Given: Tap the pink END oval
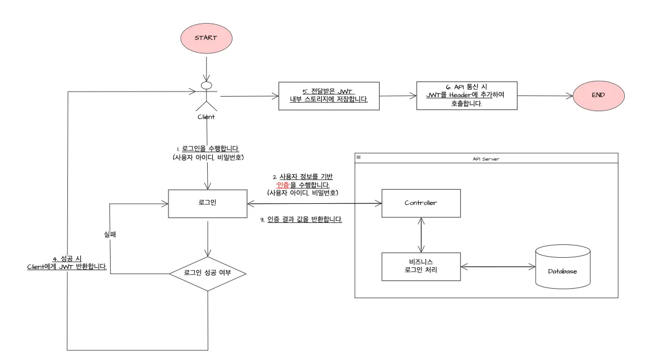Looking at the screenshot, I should (598, 95).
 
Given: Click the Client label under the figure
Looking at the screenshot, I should (206, 117).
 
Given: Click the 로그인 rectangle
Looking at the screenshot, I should (207, 203).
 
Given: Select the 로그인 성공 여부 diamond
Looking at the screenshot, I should (207, 274).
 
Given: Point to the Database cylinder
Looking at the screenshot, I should (562, 267).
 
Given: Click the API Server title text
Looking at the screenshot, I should (486, 159).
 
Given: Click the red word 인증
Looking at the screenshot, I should (282, 185).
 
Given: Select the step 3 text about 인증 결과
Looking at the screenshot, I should (301, 220).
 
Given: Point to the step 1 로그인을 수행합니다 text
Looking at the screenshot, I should (208, 149).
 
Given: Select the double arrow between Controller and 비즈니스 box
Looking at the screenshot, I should (421, 235).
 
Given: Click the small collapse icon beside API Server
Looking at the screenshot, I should (359, 158).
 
